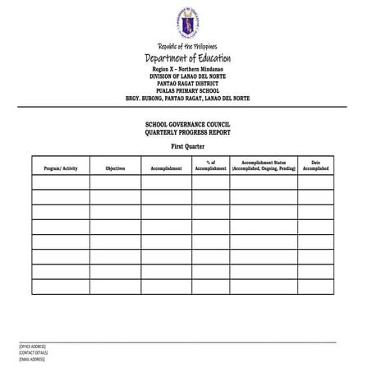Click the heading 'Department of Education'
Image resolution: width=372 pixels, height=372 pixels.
(187, 58)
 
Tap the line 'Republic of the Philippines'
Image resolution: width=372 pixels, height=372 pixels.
(187, 47)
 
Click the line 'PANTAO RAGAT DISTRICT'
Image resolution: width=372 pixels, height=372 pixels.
(187, 85)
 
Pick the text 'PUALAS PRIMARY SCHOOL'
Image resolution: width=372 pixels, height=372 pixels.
(187, 91)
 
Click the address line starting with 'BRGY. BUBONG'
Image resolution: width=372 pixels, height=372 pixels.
(187, 99)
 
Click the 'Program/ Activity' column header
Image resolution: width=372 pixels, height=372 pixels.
(60, 168)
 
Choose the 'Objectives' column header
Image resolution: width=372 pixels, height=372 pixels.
(115, 168)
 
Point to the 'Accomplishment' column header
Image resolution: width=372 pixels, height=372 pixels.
(167, 168)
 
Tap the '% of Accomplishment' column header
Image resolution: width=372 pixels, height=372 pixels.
(211, 166)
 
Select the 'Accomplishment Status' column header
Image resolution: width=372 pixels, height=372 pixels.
(263, 166)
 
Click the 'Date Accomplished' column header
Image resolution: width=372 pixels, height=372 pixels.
(315, 166)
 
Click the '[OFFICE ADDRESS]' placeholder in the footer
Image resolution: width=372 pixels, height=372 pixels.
(32, 347)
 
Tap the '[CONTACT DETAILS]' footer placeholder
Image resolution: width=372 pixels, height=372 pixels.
(33, 353)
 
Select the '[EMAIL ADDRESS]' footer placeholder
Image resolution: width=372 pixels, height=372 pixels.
(31, 360)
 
